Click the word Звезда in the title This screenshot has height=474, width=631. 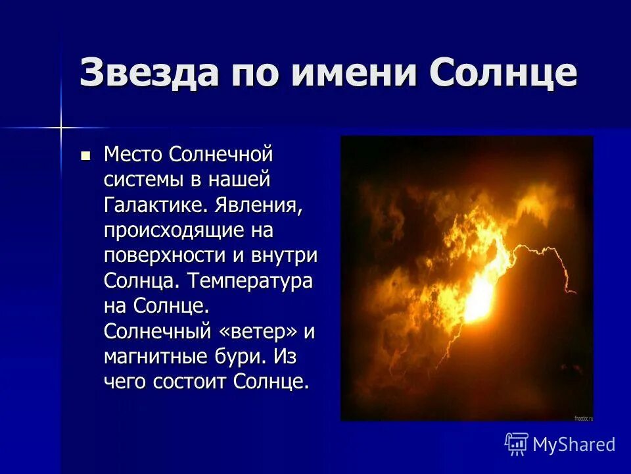[149, 72]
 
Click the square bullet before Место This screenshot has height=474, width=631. [85, 156]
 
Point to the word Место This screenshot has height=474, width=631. [133, 156]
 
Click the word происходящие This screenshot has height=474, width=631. [173, 232]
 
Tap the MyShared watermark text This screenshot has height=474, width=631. [573, 445]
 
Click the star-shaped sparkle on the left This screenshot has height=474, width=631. [60, 126]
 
